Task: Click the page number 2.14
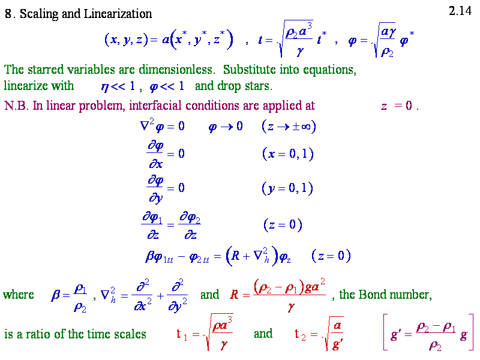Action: coord(460,11)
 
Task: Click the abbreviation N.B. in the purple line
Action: coord(16,106)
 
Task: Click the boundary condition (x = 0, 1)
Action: coord(289,154)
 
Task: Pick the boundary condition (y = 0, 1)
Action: coord(289,188)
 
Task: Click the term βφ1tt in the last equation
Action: coord(161,257)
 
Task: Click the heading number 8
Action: coord(8,14)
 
